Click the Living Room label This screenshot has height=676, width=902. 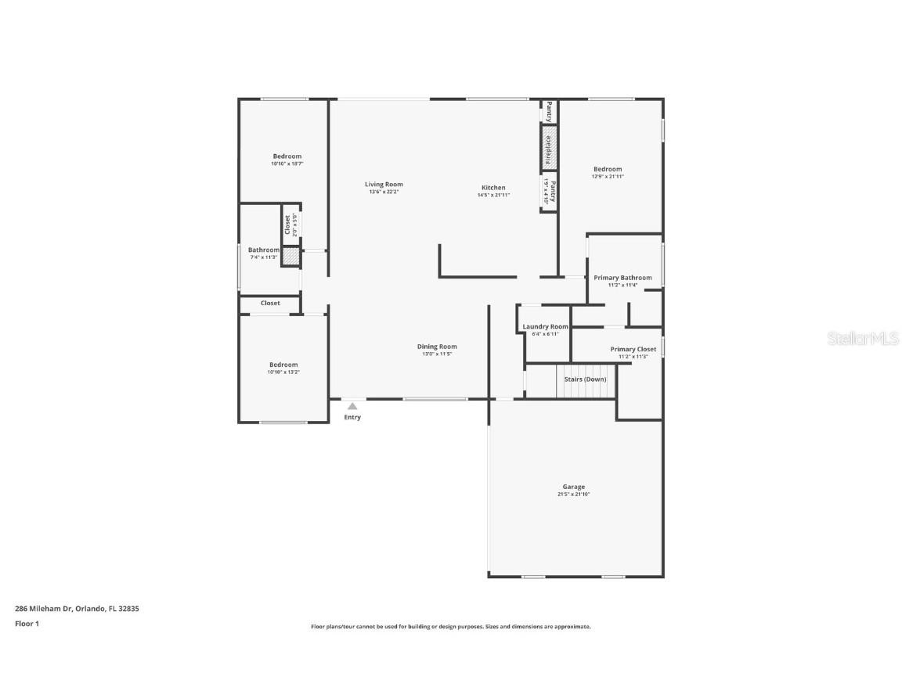point(384,185)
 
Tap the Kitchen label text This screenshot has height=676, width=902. point(493,188)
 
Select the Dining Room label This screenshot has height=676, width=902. point(437,347)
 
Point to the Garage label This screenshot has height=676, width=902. point(573,487)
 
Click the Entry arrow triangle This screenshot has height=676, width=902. point(352,406)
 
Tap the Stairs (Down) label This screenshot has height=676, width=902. point(585,379)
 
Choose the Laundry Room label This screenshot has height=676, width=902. point(545,326)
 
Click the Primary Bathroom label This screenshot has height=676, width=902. point(622,278)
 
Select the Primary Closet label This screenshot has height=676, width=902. point(633,349)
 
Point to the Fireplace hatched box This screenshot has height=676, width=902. point(549,148)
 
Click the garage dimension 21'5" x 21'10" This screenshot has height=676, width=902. point(573,494)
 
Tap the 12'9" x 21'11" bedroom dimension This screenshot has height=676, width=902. point(608,177)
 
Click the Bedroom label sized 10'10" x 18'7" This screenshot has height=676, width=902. point(287,156)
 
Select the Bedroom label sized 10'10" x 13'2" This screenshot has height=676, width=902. point(283,365)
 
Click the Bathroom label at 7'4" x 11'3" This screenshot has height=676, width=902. point(263,250)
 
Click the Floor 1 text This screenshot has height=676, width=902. point(27,624)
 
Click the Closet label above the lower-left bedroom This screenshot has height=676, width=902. point(270,303)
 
